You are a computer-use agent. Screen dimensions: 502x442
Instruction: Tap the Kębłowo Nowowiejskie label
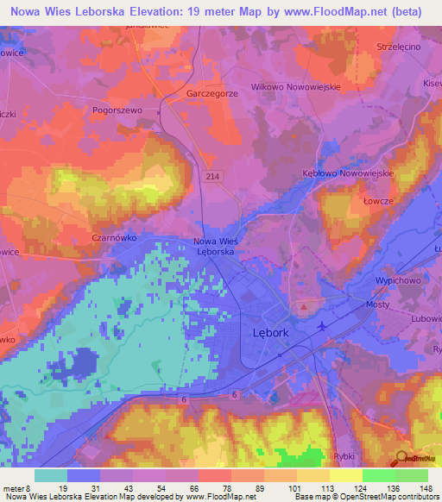click(x=349, y=173)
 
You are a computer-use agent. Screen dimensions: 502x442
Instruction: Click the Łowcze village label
click(x=378, y=200)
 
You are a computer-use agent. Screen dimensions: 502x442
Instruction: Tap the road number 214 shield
click(x=212, y=175)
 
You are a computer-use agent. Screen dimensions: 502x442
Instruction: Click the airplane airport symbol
click(x=323, y=326)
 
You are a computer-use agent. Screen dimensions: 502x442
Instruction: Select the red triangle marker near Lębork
click(x=303, y=306)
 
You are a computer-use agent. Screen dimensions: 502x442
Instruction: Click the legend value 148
click(x=426, y=488)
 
